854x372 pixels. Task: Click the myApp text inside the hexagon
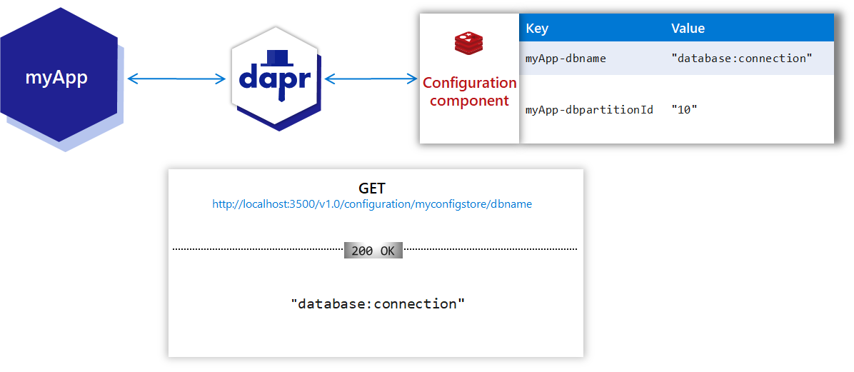(56, 77)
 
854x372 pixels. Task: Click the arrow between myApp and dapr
(176, 79)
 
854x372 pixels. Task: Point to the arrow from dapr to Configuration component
(371, 79)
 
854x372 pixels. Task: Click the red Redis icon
(469, 44)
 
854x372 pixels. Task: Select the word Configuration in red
(469, 83)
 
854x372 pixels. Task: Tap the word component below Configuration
(469, 101)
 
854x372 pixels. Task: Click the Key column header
(537, 29)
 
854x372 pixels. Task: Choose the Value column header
(688, 29)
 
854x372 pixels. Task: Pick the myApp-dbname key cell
(566, 59)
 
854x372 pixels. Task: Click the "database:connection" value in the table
(742, 59)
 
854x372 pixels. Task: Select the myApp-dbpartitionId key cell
(589, 110)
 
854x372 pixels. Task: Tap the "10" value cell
(684, 110)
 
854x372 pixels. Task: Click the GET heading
(372, 188)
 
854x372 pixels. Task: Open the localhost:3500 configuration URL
(372, 204)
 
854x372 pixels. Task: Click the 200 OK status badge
(373, 251)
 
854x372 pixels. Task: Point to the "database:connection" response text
(378, 303)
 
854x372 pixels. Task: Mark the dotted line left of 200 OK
(258, 249)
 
